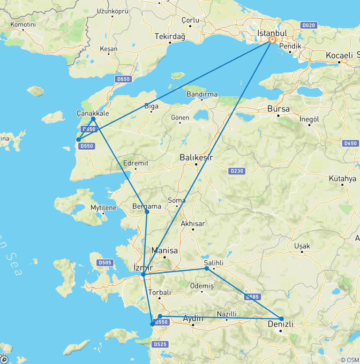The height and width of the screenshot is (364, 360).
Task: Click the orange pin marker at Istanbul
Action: point(272,40)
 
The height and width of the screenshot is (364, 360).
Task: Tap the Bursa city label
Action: point(279,109)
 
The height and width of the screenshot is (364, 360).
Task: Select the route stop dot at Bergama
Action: point(147,212)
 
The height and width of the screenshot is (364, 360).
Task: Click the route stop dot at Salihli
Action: point(207,268)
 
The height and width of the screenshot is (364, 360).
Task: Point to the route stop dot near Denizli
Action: point(282,319)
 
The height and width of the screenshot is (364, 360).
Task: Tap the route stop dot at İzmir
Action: point(143,274)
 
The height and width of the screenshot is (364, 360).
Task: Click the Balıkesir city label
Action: point(196,158)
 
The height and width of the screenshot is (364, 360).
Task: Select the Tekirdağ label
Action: point(170,36)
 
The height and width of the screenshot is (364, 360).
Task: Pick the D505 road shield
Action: point(105,263)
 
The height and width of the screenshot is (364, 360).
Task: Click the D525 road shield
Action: point(160,344)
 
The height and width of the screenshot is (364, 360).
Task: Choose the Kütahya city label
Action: point(342,179)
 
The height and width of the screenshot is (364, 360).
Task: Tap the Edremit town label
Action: point(135,163)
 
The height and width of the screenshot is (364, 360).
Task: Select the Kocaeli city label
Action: point(339,55)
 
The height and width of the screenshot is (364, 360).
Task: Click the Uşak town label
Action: point(302,246)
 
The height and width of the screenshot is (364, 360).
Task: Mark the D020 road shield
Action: point(309,25)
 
